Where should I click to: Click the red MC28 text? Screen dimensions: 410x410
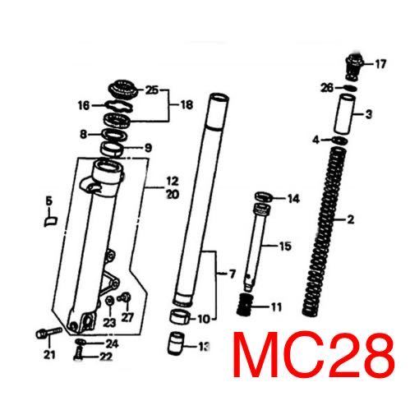pos(314,355)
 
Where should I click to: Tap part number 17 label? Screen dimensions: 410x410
pos(380,64)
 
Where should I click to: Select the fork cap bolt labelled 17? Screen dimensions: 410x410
pos(353,67)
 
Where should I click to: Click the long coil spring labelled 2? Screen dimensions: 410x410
pos(325,232)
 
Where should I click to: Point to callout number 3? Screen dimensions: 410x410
pos(369,114)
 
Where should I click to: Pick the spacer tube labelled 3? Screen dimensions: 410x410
pos(344,114)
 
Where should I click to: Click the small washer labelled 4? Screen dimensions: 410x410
pos(339,141)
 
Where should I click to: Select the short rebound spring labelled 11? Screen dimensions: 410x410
pos(244,305)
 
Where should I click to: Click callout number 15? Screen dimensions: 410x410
pos(285,246)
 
